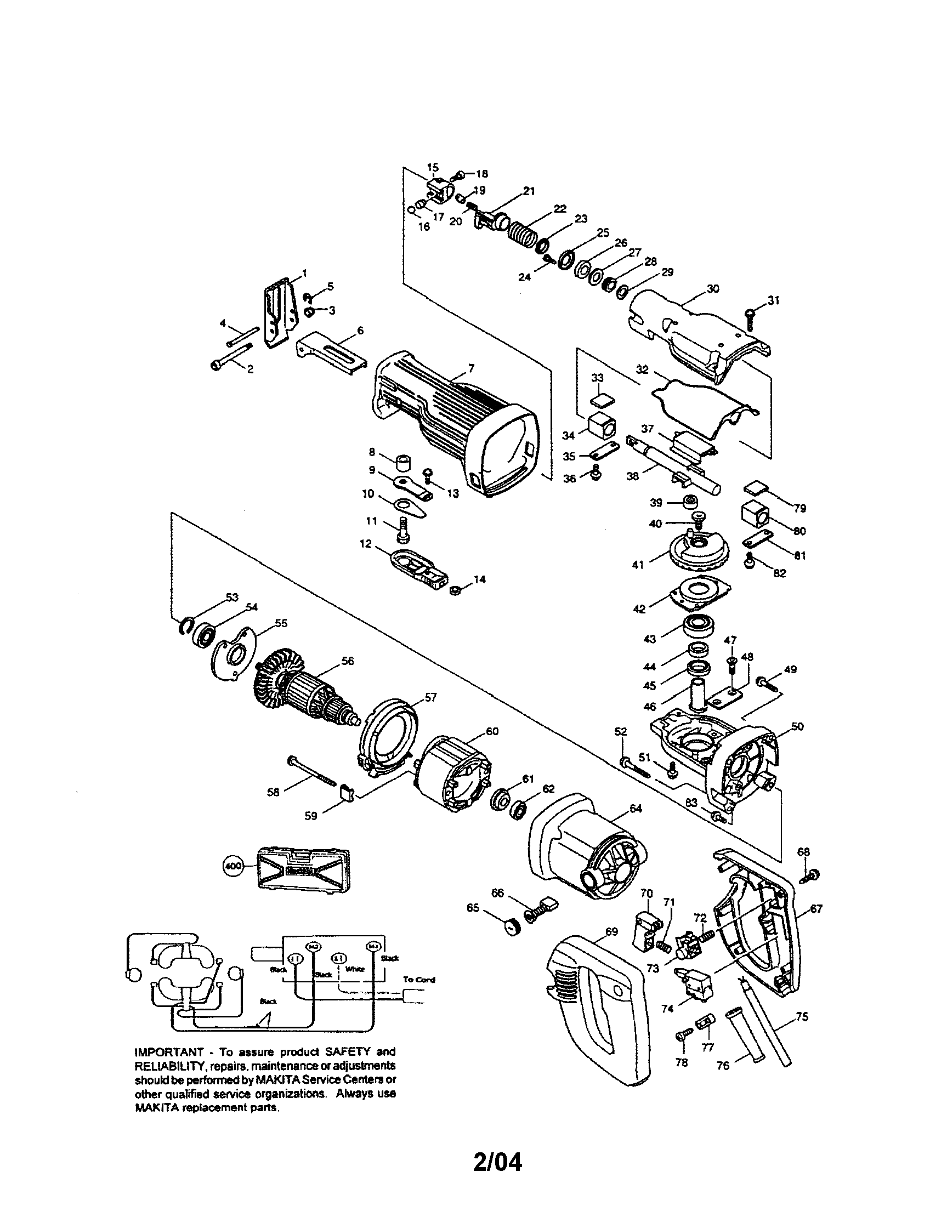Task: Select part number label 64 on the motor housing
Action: [636, 809]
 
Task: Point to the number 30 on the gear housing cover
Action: [713, 288]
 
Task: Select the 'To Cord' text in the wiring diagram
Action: [418, 980]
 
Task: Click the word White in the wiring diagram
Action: [355, 969]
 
